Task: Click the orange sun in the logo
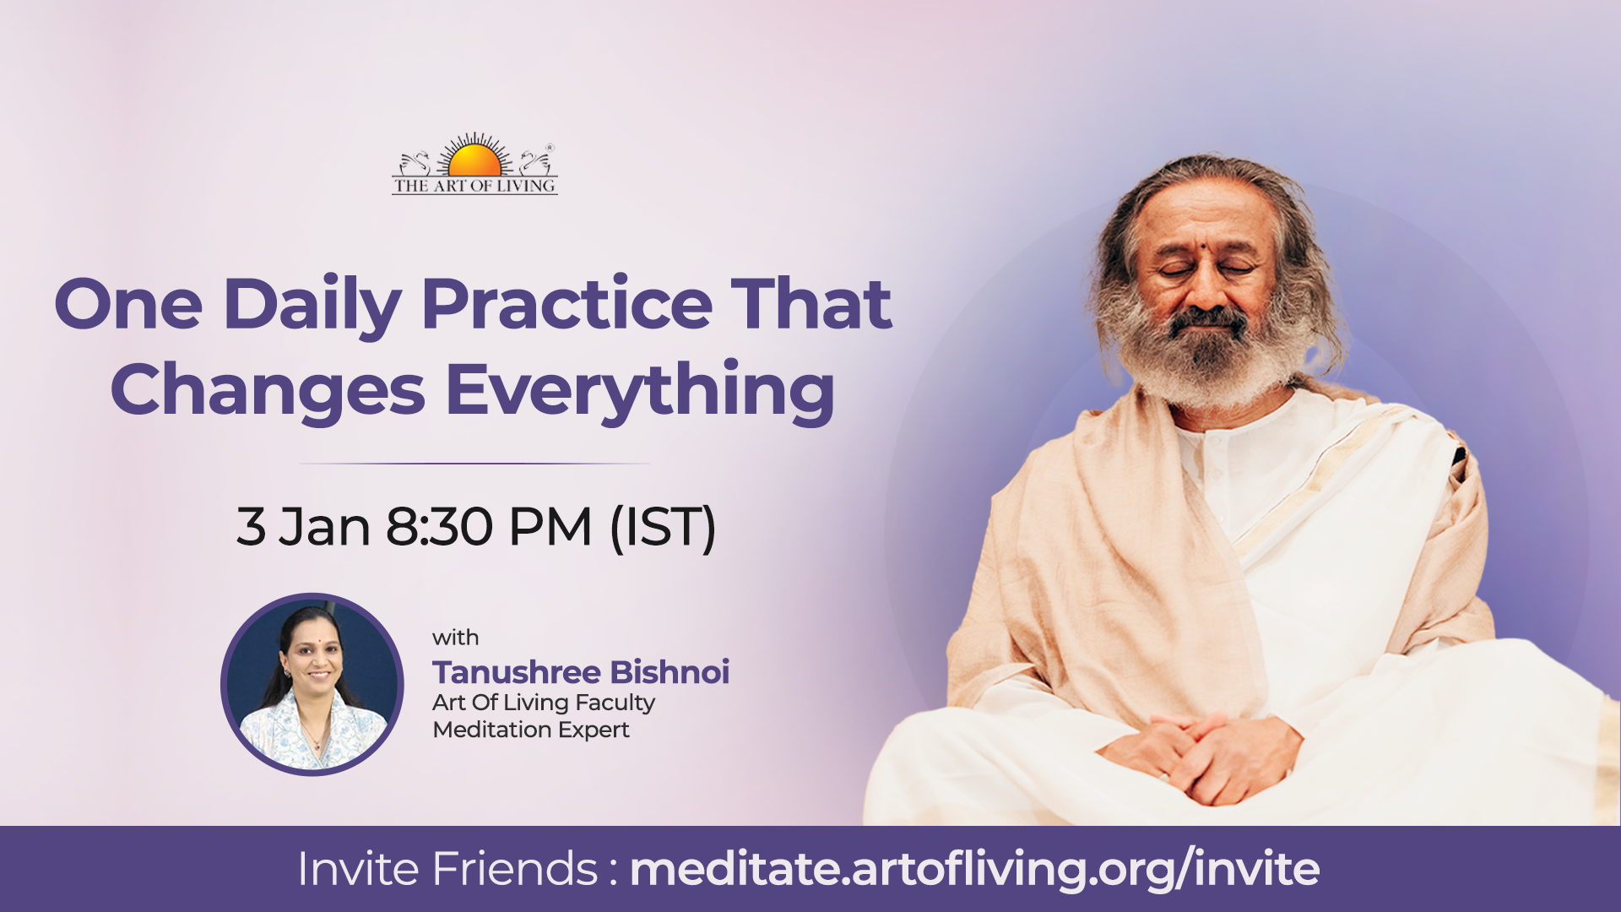tap(474, 160)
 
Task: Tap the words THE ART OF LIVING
tap(474, 186)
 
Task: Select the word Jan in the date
tap(324, 527)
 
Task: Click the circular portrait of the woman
tap(312, 684)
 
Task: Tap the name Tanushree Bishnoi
tap(581, 672)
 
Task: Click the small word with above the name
tap(455, 638)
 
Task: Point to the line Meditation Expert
tap(531, 730)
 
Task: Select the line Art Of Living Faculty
tap(544, 703)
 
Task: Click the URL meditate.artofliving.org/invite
tap(974, 870)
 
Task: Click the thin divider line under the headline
tap(474, 464)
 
